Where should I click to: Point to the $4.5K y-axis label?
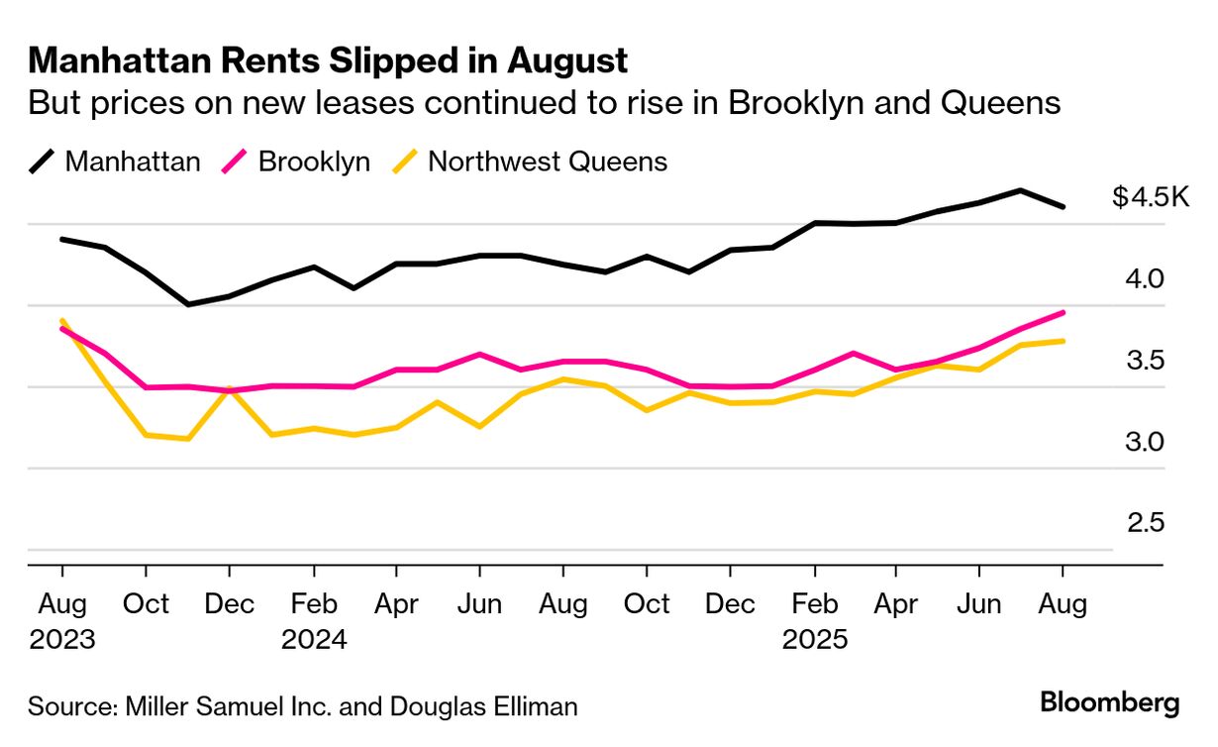tap(1150, 197)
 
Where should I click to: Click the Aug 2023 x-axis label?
tap(62, 621)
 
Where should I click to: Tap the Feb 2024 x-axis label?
tap(314, 621)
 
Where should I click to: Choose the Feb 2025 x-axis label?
tap(815, 621)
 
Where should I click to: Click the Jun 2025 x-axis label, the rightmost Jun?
tap(979, 604)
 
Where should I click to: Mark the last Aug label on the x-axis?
tap(1063, 604)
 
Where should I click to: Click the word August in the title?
tap(568, 61)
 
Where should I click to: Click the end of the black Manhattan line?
tap(1063, 207)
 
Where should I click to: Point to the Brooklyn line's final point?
tap(1063, 312)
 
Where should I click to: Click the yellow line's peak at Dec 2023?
tap(229, 389)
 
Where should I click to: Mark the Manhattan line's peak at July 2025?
tap(1021, 190)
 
